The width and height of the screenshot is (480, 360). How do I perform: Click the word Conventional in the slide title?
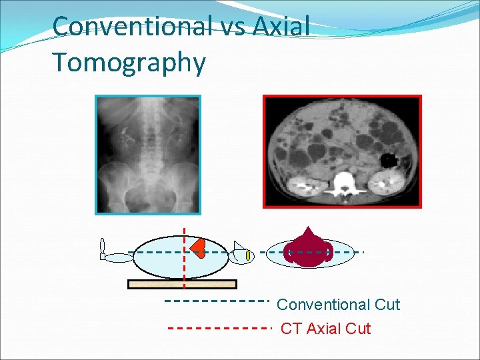[x=131, y=27]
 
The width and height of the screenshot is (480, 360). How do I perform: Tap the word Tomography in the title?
[x=129, y=63]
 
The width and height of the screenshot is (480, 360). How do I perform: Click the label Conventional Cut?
[x=338, y=305]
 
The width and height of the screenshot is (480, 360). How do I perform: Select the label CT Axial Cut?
[x=325, y=329]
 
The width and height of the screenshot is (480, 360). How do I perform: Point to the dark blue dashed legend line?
[x=216, y=301]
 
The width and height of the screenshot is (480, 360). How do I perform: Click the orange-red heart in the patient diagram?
[x=199, y=247]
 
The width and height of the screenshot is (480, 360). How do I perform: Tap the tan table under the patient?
[x=182, y=284]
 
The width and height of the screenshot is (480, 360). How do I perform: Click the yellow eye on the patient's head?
[x=247, y=255]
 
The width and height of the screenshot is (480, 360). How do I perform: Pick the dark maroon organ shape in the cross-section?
[x=308, y=249]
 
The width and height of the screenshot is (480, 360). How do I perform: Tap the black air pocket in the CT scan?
[x=387, y=160]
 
